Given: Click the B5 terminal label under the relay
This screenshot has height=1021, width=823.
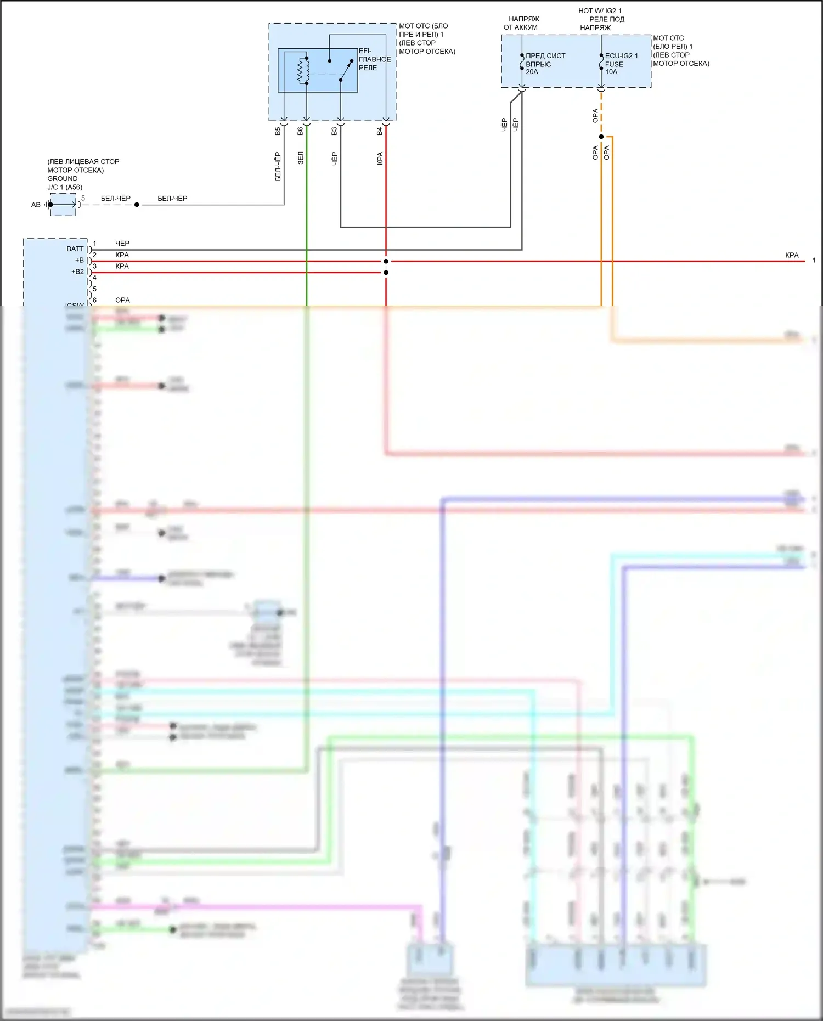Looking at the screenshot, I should click(x=278, y=132).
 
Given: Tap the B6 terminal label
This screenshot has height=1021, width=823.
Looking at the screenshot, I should click(x=300, y=132).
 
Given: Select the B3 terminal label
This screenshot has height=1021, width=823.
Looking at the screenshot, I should click(x=334, y=132).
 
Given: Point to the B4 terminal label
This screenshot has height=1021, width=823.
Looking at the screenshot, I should click(x=379, y=132).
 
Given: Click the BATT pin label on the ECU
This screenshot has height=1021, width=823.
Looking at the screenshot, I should click(x=75, y=249).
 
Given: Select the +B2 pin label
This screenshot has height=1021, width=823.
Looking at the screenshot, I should click(x=77, y=272).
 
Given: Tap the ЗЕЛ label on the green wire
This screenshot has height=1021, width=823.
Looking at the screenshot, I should click(x=300, y=159).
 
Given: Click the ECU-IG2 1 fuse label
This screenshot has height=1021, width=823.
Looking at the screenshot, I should click(x=621, y=56).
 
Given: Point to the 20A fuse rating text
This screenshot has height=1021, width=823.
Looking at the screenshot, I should click(x=532, y=72).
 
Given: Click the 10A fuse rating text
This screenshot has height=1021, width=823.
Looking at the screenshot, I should click(x=611, y=72).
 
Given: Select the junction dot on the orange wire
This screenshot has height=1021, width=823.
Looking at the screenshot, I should click(x=601, y=137).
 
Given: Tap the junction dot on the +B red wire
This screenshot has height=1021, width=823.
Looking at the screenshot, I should click(x=386, y=261).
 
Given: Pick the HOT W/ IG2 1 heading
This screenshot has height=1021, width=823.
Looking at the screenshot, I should click(x=600, y=11).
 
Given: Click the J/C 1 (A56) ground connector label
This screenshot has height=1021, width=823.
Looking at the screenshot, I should click(x=65, y=187).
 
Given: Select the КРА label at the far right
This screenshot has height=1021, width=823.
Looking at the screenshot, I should click(x=792, y=255).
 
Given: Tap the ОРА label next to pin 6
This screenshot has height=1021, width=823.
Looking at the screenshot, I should click(x=122, y=300).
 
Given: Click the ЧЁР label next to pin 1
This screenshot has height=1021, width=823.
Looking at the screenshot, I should click(x=122, y=243).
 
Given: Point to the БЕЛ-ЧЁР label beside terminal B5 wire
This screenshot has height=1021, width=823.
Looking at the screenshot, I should click(x=278, y=166).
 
